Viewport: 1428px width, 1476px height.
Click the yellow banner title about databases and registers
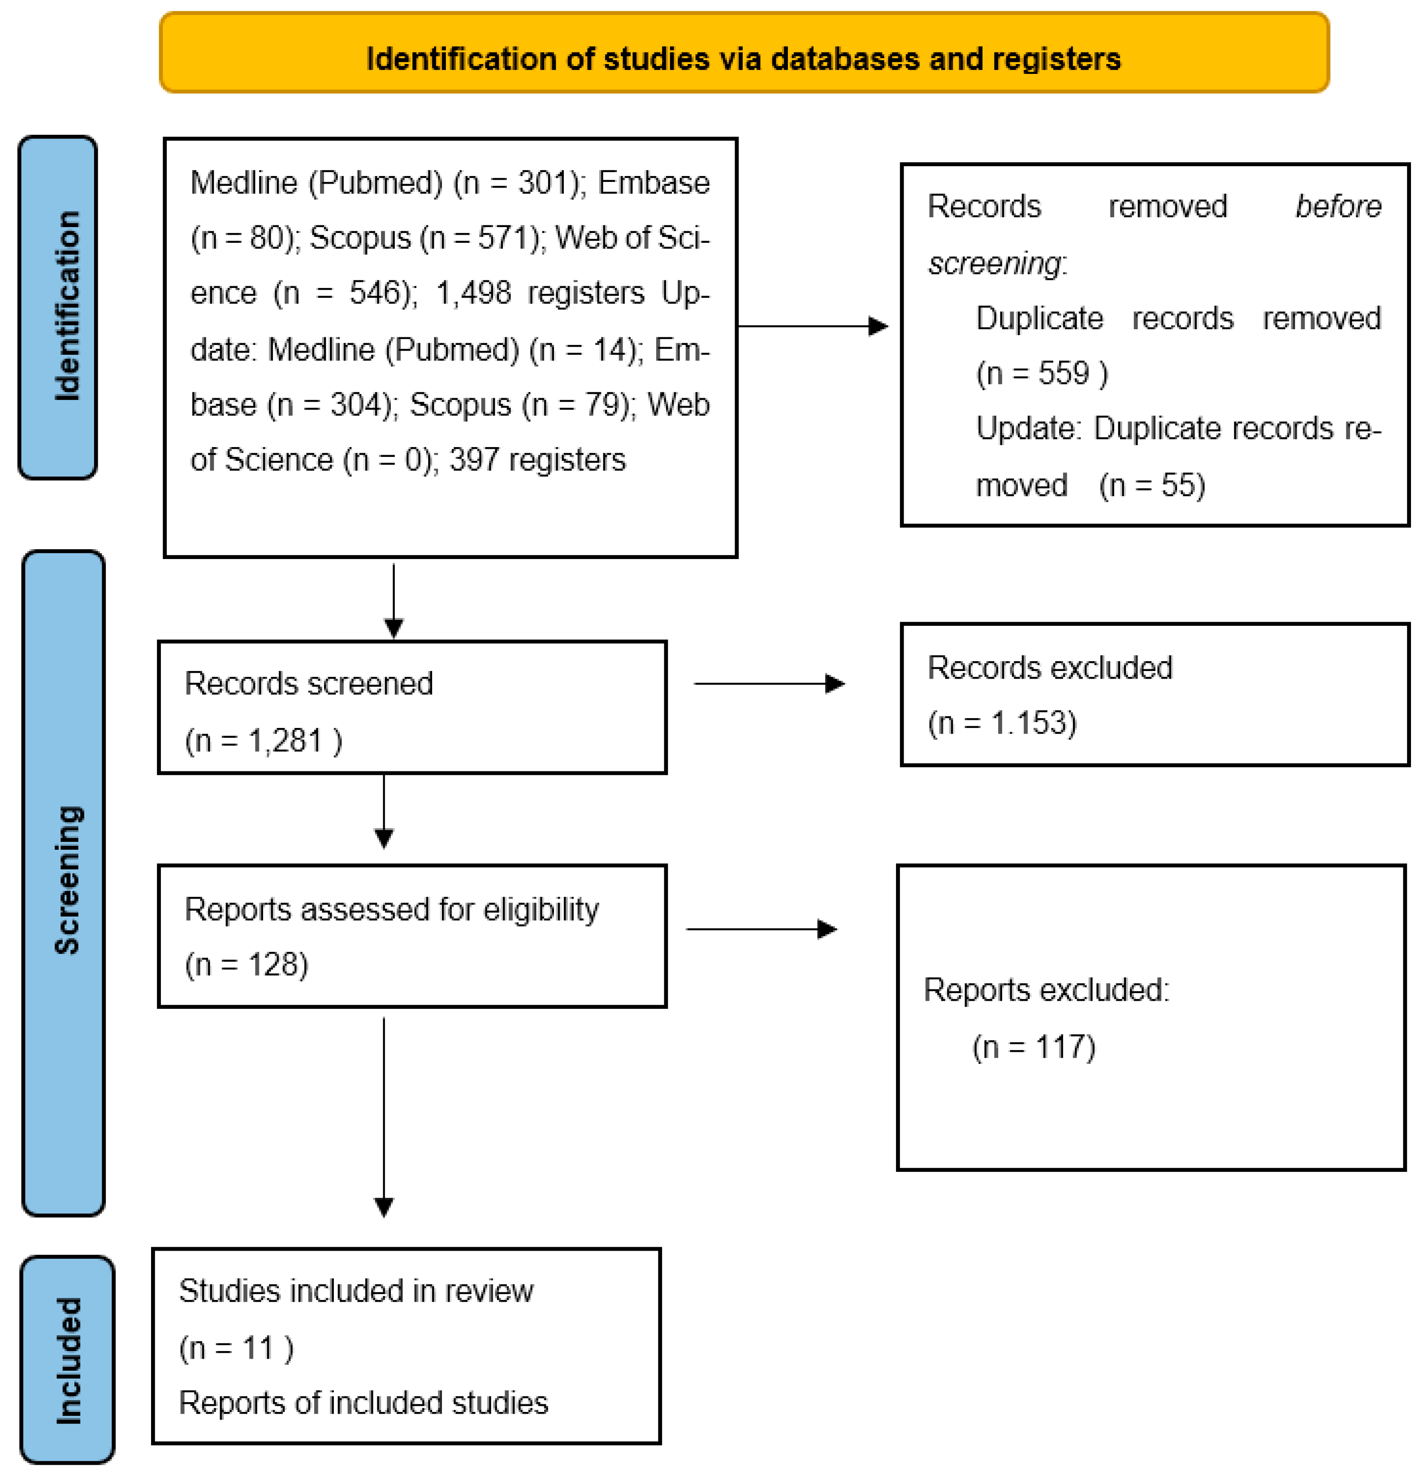743,59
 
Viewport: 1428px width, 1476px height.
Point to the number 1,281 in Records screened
285,741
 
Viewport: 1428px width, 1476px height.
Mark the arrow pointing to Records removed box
812,326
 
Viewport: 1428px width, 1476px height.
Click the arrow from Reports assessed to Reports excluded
761,929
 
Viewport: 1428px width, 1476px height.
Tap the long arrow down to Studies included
384,1115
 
